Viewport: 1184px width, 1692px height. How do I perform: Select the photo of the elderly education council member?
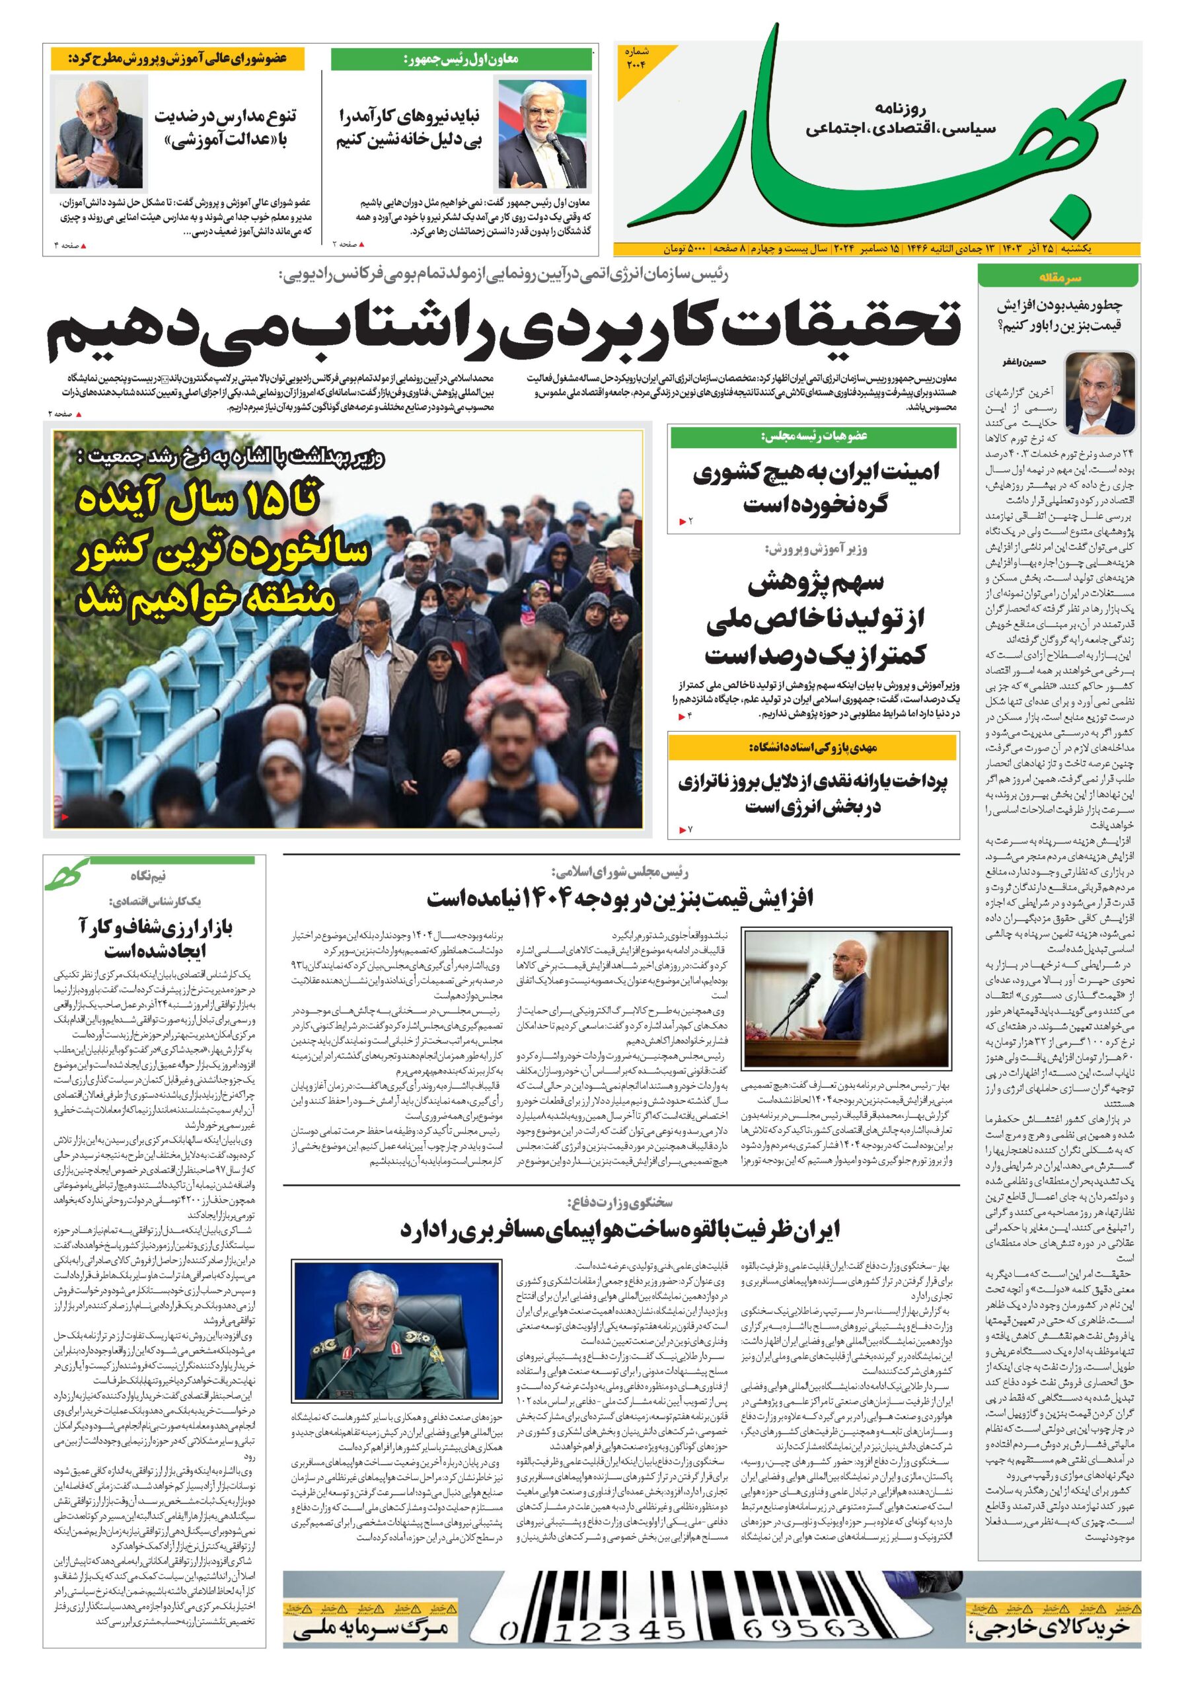(98, 134)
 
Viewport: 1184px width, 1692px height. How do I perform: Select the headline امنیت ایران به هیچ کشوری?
(815, 473)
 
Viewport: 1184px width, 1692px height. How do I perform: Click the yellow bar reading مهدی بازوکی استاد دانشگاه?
(813, 748)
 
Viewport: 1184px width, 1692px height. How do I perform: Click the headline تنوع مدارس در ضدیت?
(225, 116)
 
